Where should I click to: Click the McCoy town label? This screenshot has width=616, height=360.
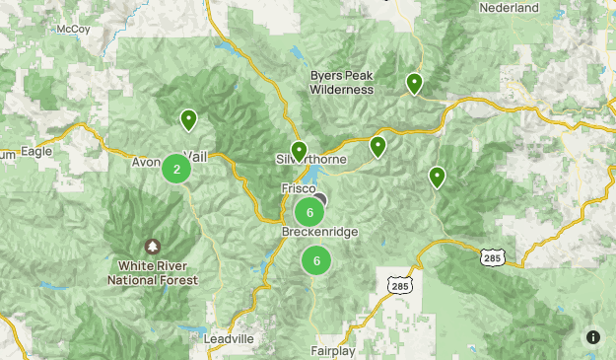pyautogui.click(x=73, y=29)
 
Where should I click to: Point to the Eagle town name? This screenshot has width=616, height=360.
pyautogui.click(x=34, y=153)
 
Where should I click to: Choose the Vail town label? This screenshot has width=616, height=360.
pyautogui.click(x=196, y=157)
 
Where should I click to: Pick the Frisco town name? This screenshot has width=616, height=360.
pyautogui.click(x=298, y=187)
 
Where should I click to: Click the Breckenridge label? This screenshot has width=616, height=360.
pyautogui.click(x=319, y=232)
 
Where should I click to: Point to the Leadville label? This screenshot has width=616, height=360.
pyautogui.click(x=229, y=338)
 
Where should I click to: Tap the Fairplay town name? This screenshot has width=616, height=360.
pyautogui.click(x=338, y=350)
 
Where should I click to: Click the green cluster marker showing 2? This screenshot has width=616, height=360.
pyautogui.click(x=176, y=169)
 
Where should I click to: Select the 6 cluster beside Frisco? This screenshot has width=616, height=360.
pyautogui.click(x=309, y=212)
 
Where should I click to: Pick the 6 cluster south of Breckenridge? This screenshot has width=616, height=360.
pyautogui.click(x=316, y=260)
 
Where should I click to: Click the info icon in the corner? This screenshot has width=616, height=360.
pyautogui.click(x=592, y=337)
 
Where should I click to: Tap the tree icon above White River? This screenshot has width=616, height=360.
pyautogui.click(x=152, y=246)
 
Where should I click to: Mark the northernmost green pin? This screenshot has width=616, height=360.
pyautogui.click(x=415, y=84)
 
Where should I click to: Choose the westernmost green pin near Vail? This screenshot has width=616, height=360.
pyautogui.click(x=187, y=120)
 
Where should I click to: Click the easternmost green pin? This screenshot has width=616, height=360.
pyautogui.click(x=437, y=177)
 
